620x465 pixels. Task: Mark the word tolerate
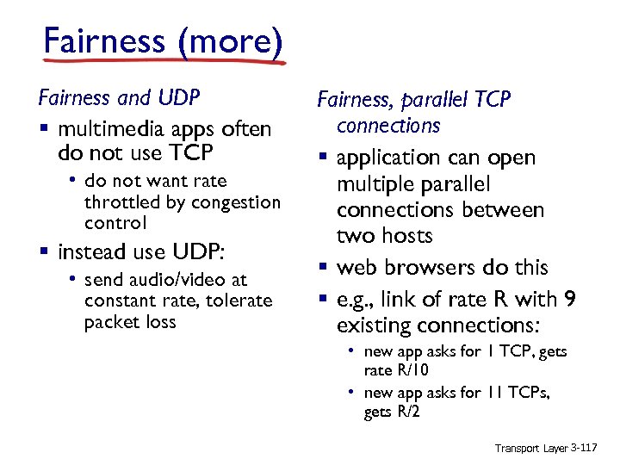[x=237, y=301]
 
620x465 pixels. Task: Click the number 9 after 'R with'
[x=570, y=300]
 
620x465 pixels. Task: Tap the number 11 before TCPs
[x=495, y=393]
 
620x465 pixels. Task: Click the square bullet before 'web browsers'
[x=322, y=269]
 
